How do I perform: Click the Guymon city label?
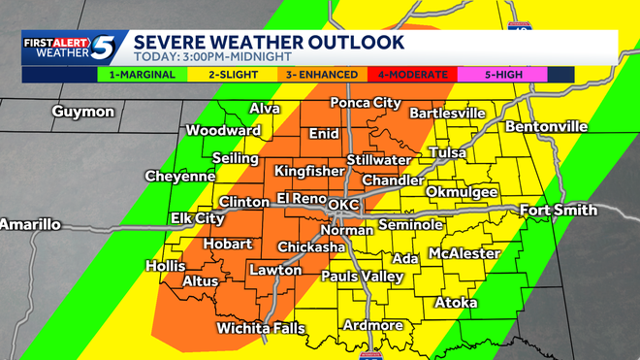pos(84,112)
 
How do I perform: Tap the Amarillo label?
pos(29,224)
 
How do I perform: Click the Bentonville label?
pos(546,127)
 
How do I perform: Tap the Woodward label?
pos(222,131)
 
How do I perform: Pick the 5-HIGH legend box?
pos(502,74)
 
